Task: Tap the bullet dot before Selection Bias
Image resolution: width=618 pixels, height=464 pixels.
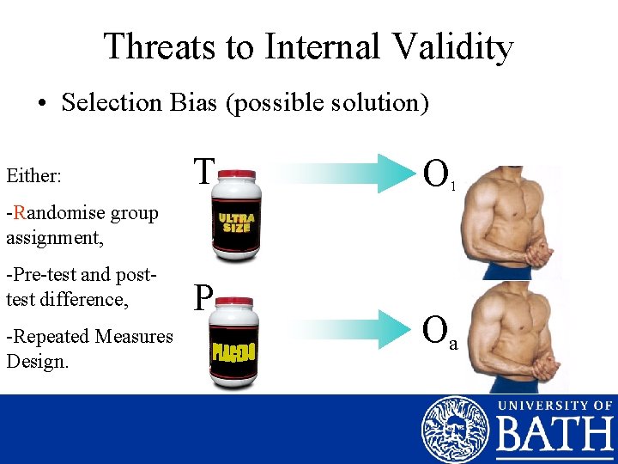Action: coord(41,105)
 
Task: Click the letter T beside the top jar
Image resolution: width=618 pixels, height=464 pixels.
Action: coord(203,172)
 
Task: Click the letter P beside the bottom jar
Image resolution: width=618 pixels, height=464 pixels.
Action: coord(203,298)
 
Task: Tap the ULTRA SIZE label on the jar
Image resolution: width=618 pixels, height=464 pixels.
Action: coord(236,223)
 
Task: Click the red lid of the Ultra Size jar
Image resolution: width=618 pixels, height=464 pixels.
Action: coord(236,174)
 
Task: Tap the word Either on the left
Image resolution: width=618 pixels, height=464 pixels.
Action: coord(33,176)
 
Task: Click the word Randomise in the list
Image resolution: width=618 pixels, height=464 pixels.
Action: coord(51,212)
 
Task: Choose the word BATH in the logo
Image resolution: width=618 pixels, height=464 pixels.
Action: coord(554,437)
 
